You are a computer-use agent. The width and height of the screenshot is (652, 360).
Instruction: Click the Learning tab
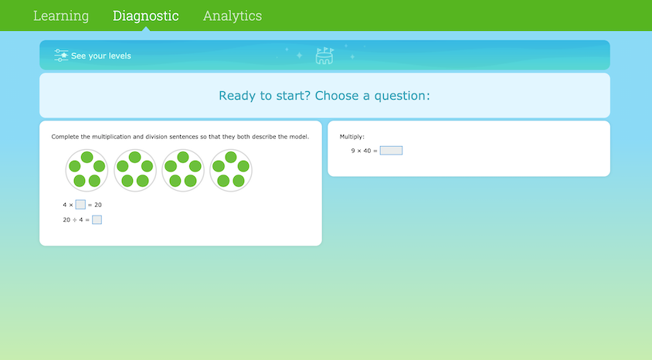[61, 15]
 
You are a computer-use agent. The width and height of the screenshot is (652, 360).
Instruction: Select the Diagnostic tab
[145, 15]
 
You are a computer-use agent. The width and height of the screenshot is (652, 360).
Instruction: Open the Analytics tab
[233, 15]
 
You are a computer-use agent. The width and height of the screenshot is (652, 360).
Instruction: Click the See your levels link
[100, 56]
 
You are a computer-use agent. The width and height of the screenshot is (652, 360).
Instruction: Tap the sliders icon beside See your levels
[61, 56]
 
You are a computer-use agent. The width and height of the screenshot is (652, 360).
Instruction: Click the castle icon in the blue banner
[324, 56]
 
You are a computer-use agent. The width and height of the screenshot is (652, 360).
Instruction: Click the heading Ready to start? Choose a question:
[324, 96]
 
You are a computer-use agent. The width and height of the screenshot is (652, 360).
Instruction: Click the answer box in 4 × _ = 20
[80, 205]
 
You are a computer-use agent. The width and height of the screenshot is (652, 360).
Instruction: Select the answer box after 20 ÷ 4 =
[97, 220]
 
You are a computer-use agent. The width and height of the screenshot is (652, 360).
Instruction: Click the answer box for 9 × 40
[391, 151]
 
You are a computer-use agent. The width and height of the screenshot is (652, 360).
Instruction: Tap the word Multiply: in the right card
[351, 137]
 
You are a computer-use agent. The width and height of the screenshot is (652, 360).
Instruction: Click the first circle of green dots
[87, 171]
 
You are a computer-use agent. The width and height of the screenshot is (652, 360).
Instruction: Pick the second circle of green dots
[135, 171]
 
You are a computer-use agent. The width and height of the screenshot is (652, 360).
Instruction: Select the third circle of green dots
[183, 171]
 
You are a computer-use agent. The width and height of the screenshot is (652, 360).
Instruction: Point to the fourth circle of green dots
[231, 171]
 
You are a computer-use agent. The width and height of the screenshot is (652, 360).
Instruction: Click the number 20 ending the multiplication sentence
[98, 205]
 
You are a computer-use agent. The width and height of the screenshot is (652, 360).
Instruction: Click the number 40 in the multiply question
[367, 151]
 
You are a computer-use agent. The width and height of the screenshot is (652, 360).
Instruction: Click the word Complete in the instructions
[66, 137]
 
